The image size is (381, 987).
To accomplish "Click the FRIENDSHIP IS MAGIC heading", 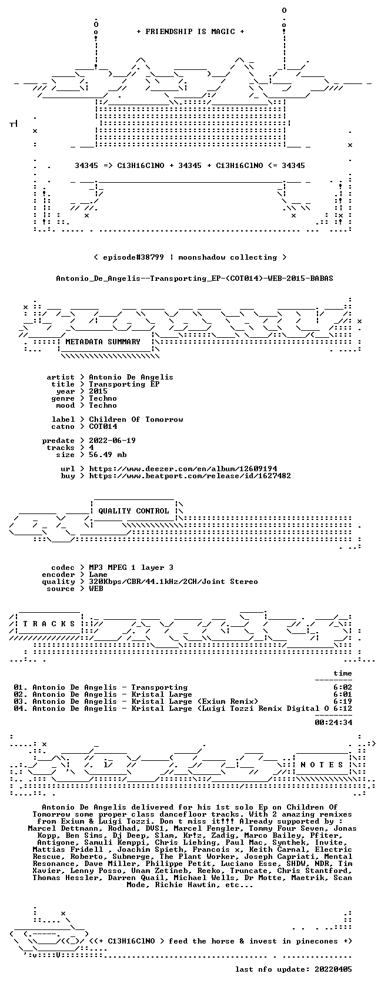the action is pos(190,32).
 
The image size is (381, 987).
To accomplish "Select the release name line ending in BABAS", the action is pos(195,278).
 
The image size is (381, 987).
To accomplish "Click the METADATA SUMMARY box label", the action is pos(103,342).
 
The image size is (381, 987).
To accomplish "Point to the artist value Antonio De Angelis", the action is pos(131,377).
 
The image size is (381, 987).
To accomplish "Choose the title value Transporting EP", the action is pos(124,384).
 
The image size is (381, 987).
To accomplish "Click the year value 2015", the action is pos(98,391).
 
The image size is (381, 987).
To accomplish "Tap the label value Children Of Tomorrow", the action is pos(136,419).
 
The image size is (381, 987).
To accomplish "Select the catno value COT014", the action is pos(103,427).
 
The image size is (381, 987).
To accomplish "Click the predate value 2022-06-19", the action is pos(112,441).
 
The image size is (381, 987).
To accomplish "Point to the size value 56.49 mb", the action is pos(108,455).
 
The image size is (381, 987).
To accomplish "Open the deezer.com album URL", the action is pos(183,469).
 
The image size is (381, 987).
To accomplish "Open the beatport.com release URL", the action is pos(190,476).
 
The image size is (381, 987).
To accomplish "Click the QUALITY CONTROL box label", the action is pos(133,511).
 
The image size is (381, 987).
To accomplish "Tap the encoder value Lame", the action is pos(98,575).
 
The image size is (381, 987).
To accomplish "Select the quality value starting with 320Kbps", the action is pos(173,582).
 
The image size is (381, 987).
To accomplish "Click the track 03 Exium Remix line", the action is pos(136,701).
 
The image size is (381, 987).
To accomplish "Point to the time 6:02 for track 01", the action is pos(343,687).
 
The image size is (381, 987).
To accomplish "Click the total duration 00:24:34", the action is pos(333,723).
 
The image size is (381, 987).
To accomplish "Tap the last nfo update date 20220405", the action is pos(333,969).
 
